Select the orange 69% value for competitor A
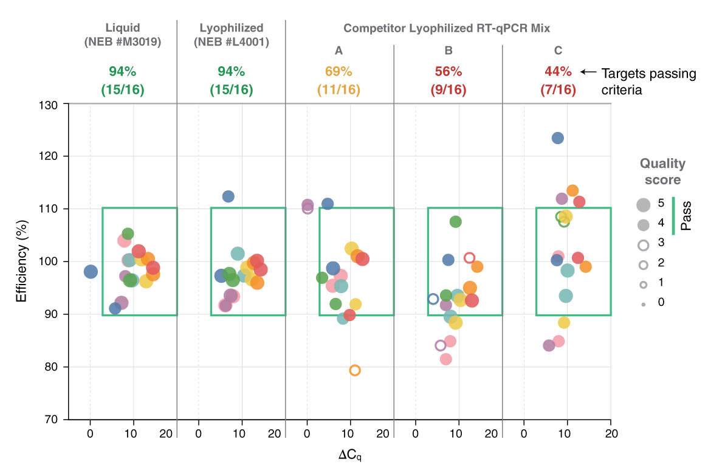[339, 71]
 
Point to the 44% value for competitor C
[557, 71]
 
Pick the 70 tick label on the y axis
[52, 420]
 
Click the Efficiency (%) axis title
[22, 261]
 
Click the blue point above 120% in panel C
[557, 138]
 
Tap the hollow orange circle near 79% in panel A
[355, 370]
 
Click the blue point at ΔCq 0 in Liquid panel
[91, 272]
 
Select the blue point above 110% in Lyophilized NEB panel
[228, 196]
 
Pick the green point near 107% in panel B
[455, 222]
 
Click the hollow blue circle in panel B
[433, 299]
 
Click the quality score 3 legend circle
[643, 244]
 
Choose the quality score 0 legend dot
[643, 303]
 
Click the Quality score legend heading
[662, 171]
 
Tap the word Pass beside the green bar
[686, 216]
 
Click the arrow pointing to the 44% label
[587, 72]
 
